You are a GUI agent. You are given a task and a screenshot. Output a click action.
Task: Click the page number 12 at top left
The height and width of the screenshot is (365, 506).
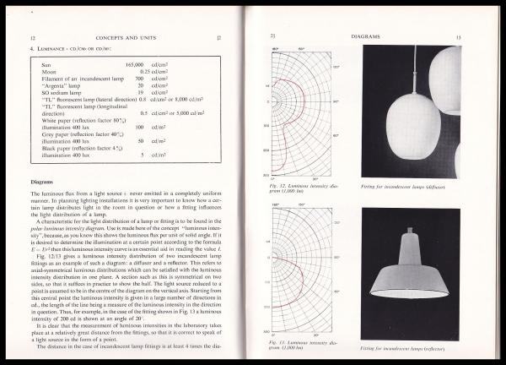(x=32, y=39)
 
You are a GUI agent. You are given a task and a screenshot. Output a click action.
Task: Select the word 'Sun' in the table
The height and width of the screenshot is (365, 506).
(x=46, y=64)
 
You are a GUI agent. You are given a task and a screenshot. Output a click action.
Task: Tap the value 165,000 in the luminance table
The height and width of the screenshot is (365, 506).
(x=137, y=64)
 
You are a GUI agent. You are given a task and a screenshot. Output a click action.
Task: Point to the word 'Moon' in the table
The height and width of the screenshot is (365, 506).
(x=48, y=71)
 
